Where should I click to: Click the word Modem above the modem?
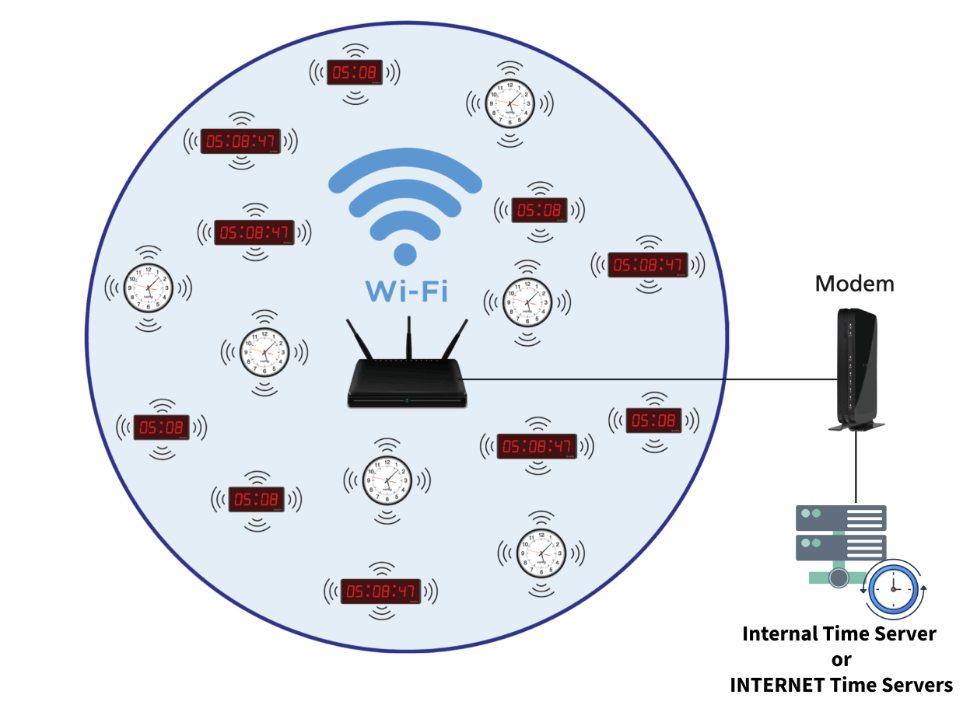pos(854,284)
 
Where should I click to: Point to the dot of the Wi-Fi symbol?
pos(404,253)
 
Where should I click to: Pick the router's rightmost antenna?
pos(456,342)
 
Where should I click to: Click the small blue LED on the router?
pos(408,401)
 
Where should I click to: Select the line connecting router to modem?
pos(646,380)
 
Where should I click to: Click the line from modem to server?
pos(856,466)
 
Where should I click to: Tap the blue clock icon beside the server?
pos(894,588)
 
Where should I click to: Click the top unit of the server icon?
pos(841,518)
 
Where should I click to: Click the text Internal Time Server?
pos(839,633)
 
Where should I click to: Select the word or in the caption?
pos(841,659)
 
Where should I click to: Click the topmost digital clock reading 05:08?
pos(355,72)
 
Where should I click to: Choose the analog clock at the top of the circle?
pos(510,103)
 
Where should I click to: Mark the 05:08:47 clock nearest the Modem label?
pos(647,264)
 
